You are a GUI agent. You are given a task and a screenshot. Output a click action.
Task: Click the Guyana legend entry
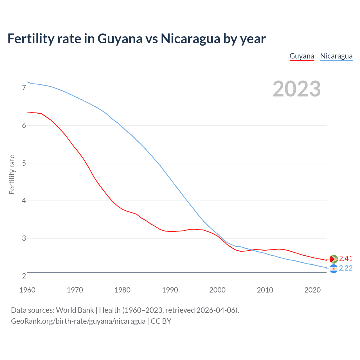(x=301, y=56)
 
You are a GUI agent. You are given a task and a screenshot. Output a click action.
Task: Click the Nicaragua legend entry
(x=336, y=56)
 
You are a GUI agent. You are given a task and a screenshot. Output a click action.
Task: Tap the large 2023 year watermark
(x=296, y=89)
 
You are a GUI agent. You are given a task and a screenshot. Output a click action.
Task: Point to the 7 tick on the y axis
(x=24, y=88)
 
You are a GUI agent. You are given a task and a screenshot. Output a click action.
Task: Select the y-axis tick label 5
(x=24, y=163)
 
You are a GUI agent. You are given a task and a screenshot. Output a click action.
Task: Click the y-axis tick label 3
(x=24, y=238)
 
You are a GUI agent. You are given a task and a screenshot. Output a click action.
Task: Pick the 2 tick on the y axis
(x=24, y=276)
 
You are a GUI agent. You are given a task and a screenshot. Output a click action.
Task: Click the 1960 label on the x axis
(x=27, y=290)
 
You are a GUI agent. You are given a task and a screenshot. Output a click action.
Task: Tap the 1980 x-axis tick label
(x=122, y=290)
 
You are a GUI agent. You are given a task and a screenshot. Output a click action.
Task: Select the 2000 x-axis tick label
(x=217, y=290)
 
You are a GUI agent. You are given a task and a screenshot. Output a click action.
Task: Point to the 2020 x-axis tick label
(x=312, y=290)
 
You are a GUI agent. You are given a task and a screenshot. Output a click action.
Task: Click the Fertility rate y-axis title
(x=12, y=174)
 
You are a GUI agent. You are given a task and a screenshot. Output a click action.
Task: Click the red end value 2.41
(x=346, y=258)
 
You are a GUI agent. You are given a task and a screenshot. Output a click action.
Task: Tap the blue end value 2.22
(x=346, y=268)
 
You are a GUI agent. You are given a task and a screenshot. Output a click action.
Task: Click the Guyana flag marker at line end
(x=334, y=259)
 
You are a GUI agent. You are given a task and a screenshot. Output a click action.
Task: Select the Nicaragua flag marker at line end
(x=334, y=269)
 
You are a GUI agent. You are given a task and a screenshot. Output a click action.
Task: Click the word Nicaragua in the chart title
(x=190, y=39)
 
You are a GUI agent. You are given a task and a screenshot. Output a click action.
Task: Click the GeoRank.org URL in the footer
(x=78, y=321)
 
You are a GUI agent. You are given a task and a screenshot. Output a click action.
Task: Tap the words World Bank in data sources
(x=75, y=310)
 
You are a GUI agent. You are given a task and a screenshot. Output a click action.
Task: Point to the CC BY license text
(x=161, y=321)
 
